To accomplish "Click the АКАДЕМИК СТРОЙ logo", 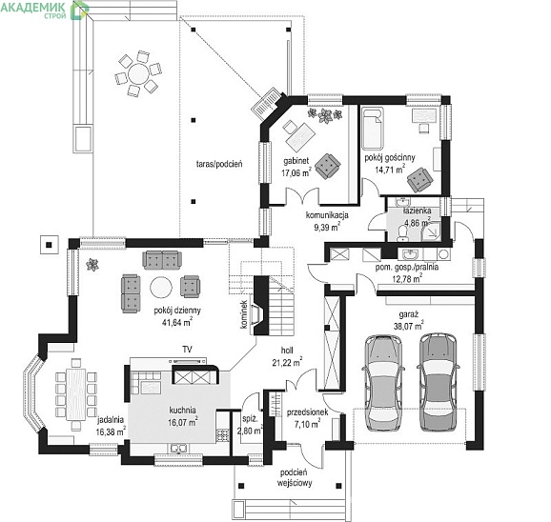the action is pyautogui.click(x=45, y=10).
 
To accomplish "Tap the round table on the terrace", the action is pyautogui.click(x=138, y=73).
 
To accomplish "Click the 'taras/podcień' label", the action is pyautogui.click(x=219, y=164).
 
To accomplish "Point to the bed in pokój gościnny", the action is pyautogui.click(x=373, y=129).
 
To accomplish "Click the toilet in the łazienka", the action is pyautogui.click(x=402, y=233).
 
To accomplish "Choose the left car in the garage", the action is pyautogui.click(x=382, y=383).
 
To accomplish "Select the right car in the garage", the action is pyautogui.click(x=439, y=382).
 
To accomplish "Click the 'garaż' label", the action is pyautogui.click(x=408, y=314).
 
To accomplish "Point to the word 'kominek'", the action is pyautogui.click(x=243, y=314).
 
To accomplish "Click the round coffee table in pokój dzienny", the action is pyautogui.click(x=161, y=288).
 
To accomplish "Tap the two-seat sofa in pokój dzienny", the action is pyautogui.click(x=162, y=260).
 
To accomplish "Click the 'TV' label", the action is pyautogui.click(x=187, y=349).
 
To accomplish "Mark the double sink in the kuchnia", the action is pyautogui.click(x=179, y=448).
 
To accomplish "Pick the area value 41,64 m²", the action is pyautogui.click(x=176, y=322).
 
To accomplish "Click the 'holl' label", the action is pyautogui.click(x=287, y=350).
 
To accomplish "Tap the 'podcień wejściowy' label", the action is pyautogui.click(x=295, y=477).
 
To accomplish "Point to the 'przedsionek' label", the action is pyautogui.click(x=308, y=412).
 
